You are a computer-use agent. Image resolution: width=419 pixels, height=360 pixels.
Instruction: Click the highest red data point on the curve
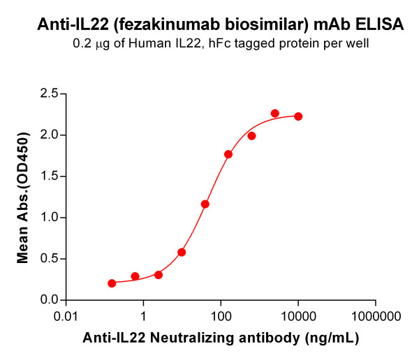coord(275,113)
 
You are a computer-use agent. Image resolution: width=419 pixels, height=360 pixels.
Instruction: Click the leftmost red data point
coord(112,283)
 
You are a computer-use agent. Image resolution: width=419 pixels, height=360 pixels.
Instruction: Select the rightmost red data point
coord(298,117)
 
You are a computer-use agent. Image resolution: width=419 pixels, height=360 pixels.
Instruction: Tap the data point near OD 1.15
coord(205,204)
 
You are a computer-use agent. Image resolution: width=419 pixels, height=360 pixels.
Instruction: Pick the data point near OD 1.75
coord(228,154)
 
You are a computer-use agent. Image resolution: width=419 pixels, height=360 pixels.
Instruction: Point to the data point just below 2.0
coord(251,136)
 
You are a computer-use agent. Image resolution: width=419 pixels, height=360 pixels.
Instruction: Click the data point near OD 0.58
coord(182,252)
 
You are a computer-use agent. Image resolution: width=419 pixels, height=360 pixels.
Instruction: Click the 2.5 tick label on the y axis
coord(48,93)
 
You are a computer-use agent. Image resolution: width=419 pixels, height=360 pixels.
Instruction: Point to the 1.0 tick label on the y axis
coord(48,218)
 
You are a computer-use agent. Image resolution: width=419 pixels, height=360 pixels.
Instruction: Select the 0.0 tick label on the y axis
coord(48,300)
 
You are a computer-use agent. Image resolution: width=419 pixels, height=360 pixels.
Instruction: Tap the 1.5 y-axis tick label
coord(48,176)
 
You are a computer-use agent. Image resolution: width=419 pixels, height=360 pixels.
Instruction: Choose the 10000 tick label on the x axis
coord(298,315)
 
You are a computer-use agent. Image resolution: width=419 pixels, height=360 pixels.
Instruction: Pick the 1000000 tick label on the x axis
coord(375,315)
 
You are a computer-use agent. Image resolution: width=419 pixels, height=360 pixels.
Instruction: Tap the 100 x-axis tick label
coord(221,315)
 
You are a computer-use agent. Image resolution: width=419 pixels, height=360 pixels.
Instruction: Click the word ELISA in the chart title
coord(381,25)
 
